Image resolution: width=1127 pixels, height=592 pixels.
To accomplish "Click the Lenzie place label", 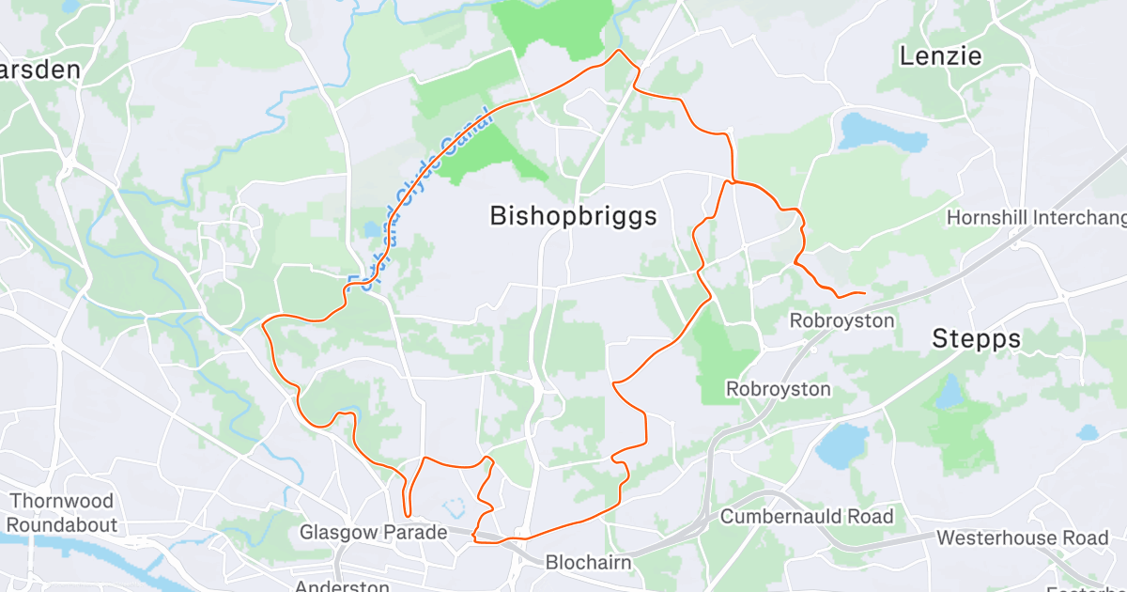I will tap(940, 56).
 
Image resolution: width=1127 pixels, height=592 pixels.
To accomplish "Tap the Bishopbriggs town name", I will tap(573, 216).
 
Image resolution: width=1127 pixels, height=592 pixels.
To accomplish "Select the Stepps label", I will tap(976, 339).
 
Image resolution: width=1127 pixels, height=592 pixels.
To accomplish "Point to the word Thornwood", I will tap(61, 502).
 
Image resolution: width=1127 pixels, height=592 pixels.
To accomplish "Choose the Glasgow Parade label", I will tap(373, 533).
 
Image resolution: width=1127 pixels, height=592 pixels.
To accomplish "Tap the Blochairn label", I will tap(589, 562).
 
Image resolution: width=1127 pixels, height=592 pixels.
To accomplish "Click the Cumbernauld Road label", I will tap(807, 516).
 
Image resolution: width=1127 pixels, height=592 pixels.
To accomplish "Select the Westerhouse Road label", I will tap(1023, 538).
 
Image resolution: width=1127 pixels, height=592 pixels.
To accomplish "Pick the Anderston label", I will tap(342, 586).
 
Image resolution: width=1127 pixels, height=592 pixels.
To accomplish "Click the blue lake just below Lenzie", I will tap(880, 132).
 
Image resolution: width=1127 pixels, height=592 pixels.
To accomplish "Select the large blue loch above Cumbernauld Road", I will tap(842, 444).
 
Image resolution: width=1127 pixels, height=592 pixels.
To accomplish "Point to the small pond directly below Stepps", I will tap(949, 388).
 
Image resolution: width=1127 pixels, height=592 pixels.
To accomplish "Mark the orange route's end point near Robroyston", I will tap(863, 294).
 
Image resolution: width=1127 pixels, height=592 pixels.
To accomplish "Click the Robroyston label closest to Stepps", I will tap(841, 320).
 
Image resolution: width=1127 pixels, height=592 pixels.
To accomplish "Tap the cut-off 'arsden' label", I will tap(39, 70).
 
